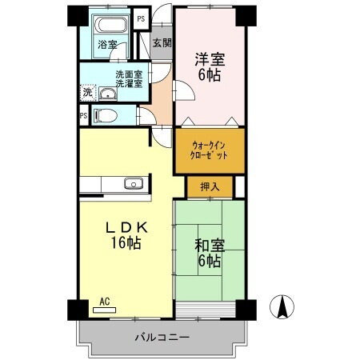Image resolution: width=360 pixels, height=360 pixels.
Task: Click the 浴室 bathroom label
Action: [107, 44]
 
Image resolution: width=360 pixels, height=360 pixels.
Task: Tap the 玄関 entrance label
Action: [161, 43]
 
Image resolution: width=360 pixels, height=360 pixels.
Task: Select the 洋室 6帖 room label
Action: [209, 66]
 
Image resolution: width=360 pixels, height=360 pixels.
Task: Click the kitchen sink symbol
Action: [133, 185]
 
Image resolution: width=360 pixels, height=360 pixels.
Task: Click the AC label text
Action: [104, 302]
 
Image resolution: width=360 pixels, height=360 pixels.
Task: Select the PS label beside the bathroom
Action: [142, 18]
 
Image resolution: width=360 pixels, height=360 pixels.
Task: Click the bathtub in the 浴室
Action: [108, 26]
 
